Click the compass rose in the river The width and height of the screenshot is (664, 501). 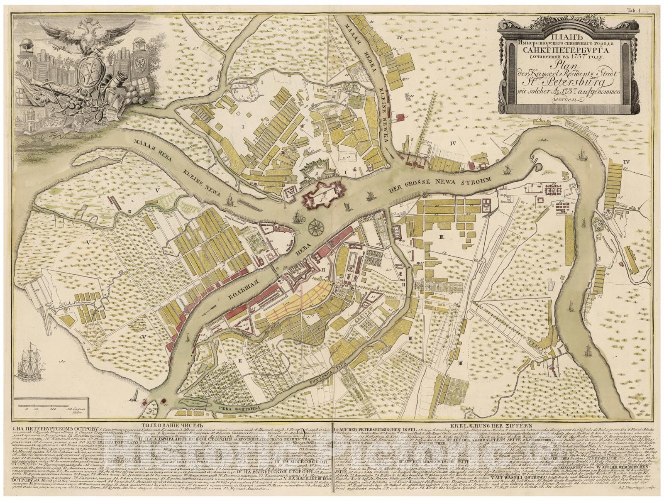[x=316, y=226]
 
